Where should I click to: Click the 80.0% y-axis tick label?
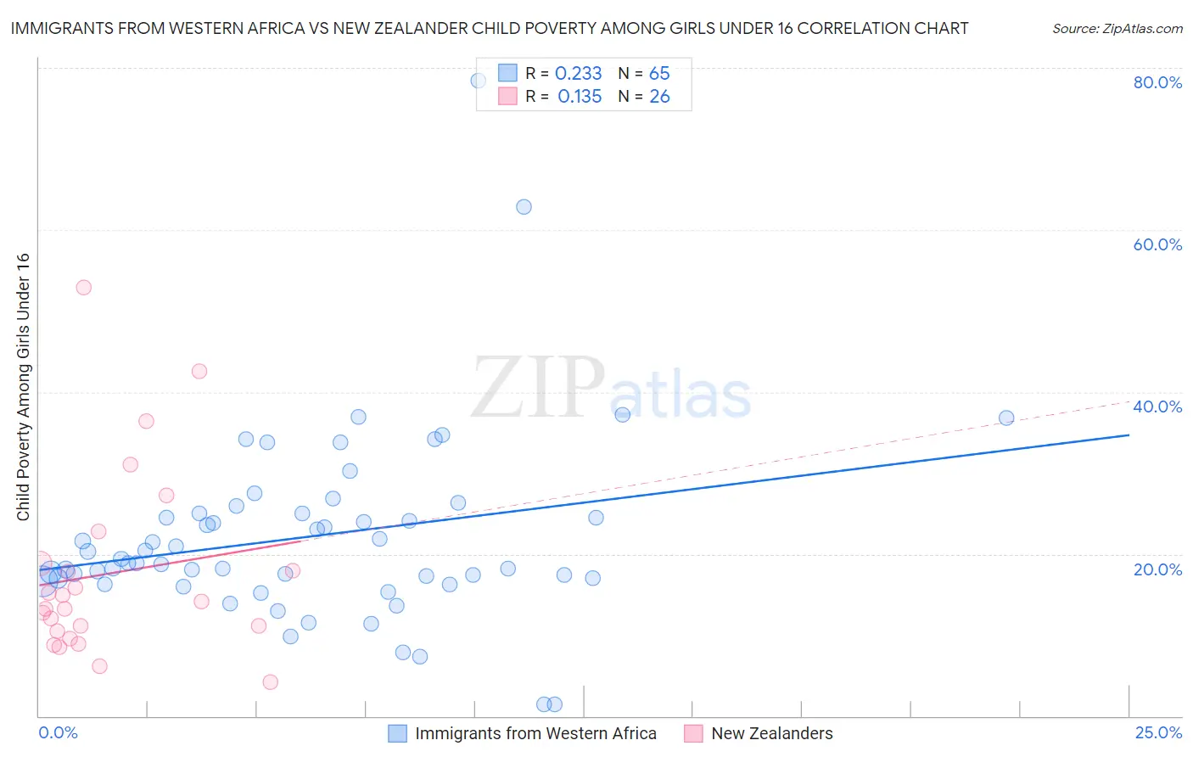[1157, 82]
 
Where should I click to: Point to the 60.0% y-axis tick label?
[1157, 244]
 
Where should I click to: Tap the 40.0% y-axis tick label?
[1157, 407]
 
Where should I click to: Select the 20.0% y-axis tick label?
[1157, 569]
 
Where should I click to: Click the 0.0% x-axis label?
[58, 732]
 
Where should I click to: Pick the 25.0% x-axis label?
[1158, 732]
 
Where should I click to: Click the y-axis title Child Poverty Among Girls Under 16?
[23, 387]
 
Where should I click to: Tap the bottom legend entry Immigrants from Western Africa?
[535, 733]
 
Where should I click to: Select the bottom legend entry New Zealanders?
[772, 733]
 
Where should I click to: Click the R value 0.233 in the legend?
[578, 74]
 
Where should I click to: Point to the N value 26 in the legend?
[659, 97]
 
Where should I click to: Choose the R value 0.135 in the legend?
[580, 97]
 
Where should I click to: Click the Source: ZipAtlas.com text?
[1117, 29]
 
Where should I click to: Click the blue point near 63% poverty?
[524, 207]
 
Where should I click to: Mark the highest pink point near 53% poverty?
[83, 288]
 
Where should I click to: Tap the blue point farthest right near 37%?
[1006, 418]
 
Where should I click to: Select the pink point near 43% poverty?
[199, 371]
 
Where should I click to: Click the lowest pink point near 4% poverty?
[270, 681]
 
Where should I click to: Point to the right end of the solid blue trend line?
[1129, 435]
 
